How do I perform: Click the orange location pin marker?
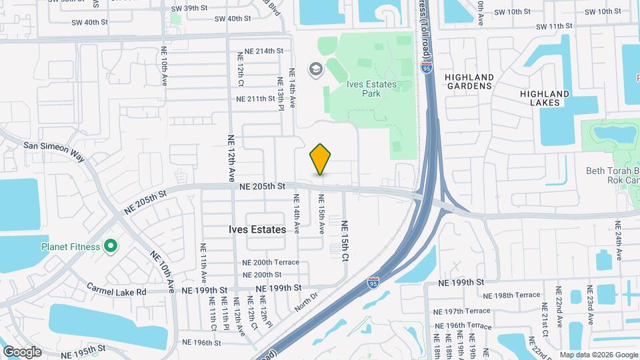point(320,159)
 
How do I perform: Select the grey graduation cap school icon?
point(315,69)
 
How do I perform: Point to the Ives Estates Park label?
point(371,89)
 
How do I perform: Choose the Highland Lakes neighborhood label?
point(545,98)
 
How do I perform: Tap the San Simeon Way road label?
point(55,151)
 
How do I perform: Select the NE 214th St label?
point(264,51)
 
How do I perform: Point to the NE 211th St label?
point(256,99)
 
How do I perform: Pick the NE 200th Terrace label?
point(271,263)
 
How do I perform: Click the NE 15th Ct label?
point(345,240)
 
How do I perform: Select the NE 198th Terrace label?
point(511,295)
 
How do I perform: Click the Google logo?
point(22,352)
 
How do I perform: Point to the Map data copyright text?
point(599,355)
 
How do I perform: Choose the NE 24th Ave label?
point(618,246)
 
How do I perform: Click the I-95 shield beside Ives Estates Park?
point(426,67)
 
